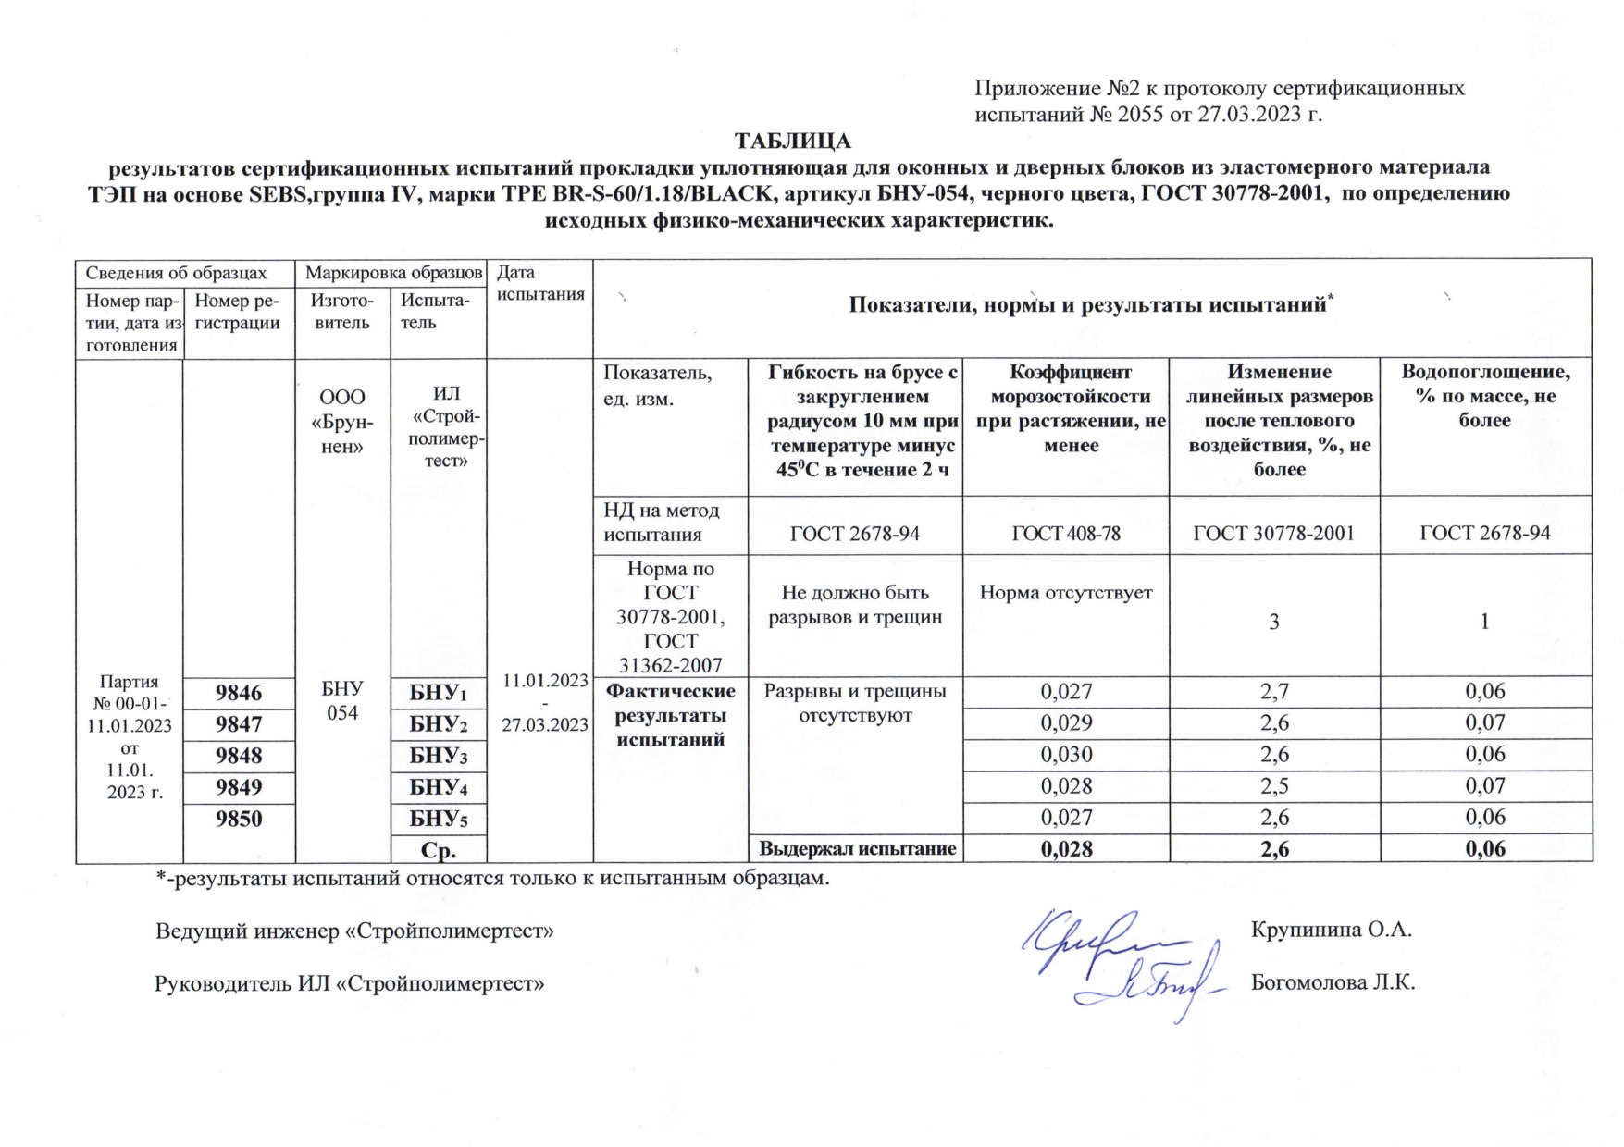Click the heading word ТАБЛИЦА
click(x=792, y=142)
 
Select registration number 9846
click(x=239, y=693)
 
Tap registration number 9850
click(x=239, y=819)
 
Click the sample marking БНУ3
click(x=438, y=757)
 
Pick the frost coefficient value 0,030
click(x=1066, y=755)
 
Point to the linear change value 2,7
click(x=1274, y=691)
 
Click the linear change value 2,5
click(x=1274, y=786)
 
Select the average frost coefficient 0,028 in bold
click(x=1066, y=849)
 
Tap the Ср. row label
click(x=438, y=850)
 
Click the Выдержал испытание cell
click(x=857, y=849)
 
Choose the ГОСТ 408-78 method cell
click(x=1066, y=534)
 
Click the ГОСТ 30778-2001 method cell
click(x=1273, y=534)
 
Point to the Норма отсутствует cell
click(x=1066, y=593)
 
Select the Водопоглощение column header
click(x=1484, y=396)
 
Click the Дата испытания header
click(x=539, y=283)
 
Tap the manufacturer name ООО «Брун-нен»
click(x=342, y=422)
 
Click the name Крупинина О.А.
click(x=1331, y=930)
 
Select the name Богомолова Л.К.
click(x=1333, y=982)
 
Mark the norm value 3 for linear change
click(x=1274, y=622)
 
